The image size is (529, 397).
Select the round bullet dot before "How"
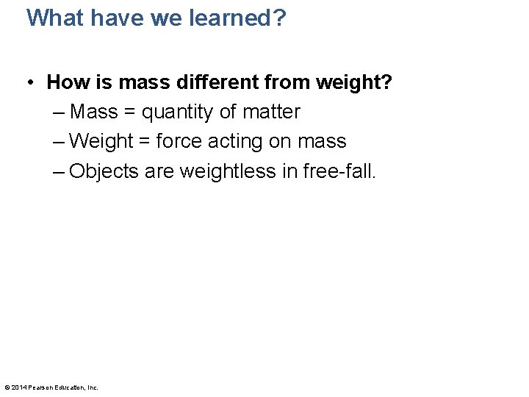tap(34, 82)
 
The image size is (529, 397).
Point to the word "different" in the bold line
tap(216, 82)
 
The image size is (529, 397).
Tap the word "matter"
tap(271, 112)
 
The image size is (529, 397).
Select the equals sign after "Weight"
tap(145, 141)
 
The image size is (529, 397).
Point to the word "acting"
tap(236, 141)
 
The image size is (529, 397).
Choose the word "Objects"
tap(104, 171)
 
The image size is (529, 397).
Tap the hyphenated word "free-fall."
tap(337, 171)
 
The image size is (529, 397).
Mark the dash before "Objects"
tap(59, 171)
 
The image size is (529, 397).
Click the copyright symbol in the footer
tap(7, 387)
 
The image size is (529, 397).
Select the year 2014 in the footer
tap(18, 387)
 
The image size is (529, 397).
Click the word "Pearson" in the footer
tap(40, 387)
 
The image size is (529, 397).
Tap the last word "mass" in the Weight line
tap(322, 141)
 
